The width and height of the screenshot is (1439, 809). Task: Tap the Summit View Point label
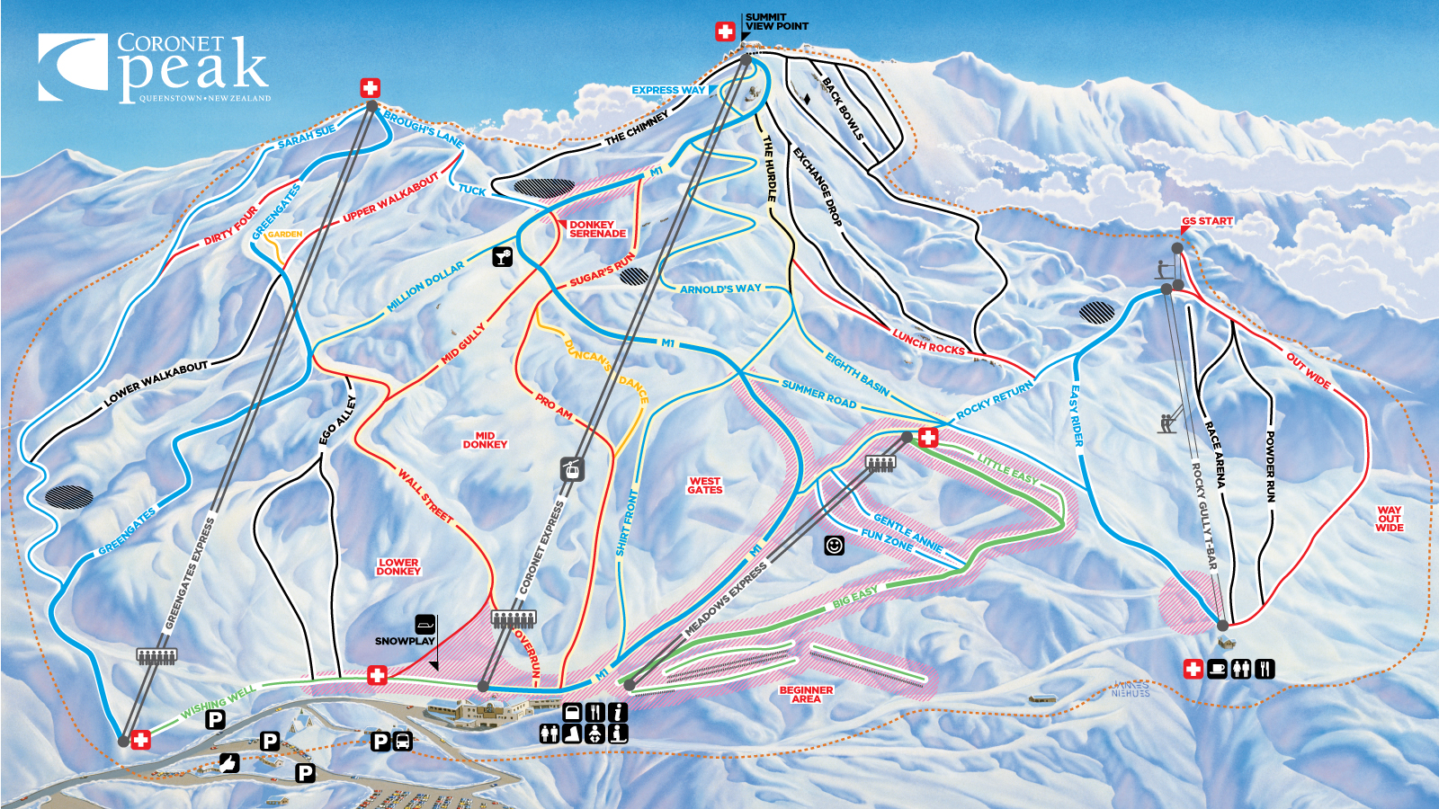[x=776, y=22]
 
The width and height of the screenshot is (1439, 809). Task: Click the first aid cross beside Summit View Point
[x=725, y=31]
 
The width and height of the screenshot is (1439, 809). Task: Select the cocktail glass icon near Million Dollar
[x=502, y=257]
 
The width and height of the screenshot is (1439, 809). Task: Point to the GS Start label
[x=1207, y=220]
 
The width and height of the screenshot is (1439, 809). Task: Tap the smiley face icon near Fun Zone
[x=834, y=546]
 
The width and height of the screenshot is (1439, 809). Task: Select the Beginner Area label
[x=806, y=694]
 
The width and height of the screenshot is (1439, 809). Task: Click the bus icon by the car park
[x=403, y=742]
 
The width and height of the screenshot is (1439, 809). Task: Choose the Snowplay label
[x=405, y=641]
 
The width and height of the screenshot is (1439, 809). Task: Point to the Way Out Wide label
[x=1389, y=519]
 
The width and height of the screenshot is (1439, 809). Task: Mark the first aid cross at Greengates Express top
[x=370, y=87]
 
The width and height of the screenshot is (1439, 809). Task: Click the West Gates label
[x=704, y=485]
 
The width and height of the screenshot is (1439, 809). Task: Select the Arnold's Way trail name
[x=719, y=289]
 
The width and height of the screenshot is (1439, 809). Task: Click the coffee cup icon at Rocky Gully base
[x=1217, y=669]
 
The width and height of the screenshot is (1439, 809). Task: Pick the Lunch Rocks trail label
[x=928, y=342]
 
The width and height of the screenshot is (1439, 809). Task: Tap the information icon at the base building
[x=617, y=712]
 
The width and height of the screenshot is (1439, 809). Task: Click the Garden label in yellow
[x=284, y=234]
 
